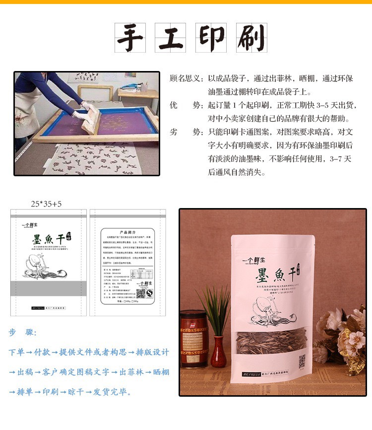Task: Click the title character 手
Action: [x=130, y=38]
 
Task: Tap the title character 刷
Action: [x=251, y=38]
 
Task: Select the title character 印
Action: [x=211, y=38]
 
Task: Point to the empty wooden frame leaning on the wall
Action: [x=95, y=92]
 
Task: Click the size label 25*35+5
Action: [x=47, y=204]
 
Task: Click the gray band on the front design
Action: [x=49, y=288]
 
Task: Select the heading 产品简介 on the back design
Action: [x=127, y=232]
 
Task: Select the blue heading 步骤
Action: [x=22, y=333]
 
